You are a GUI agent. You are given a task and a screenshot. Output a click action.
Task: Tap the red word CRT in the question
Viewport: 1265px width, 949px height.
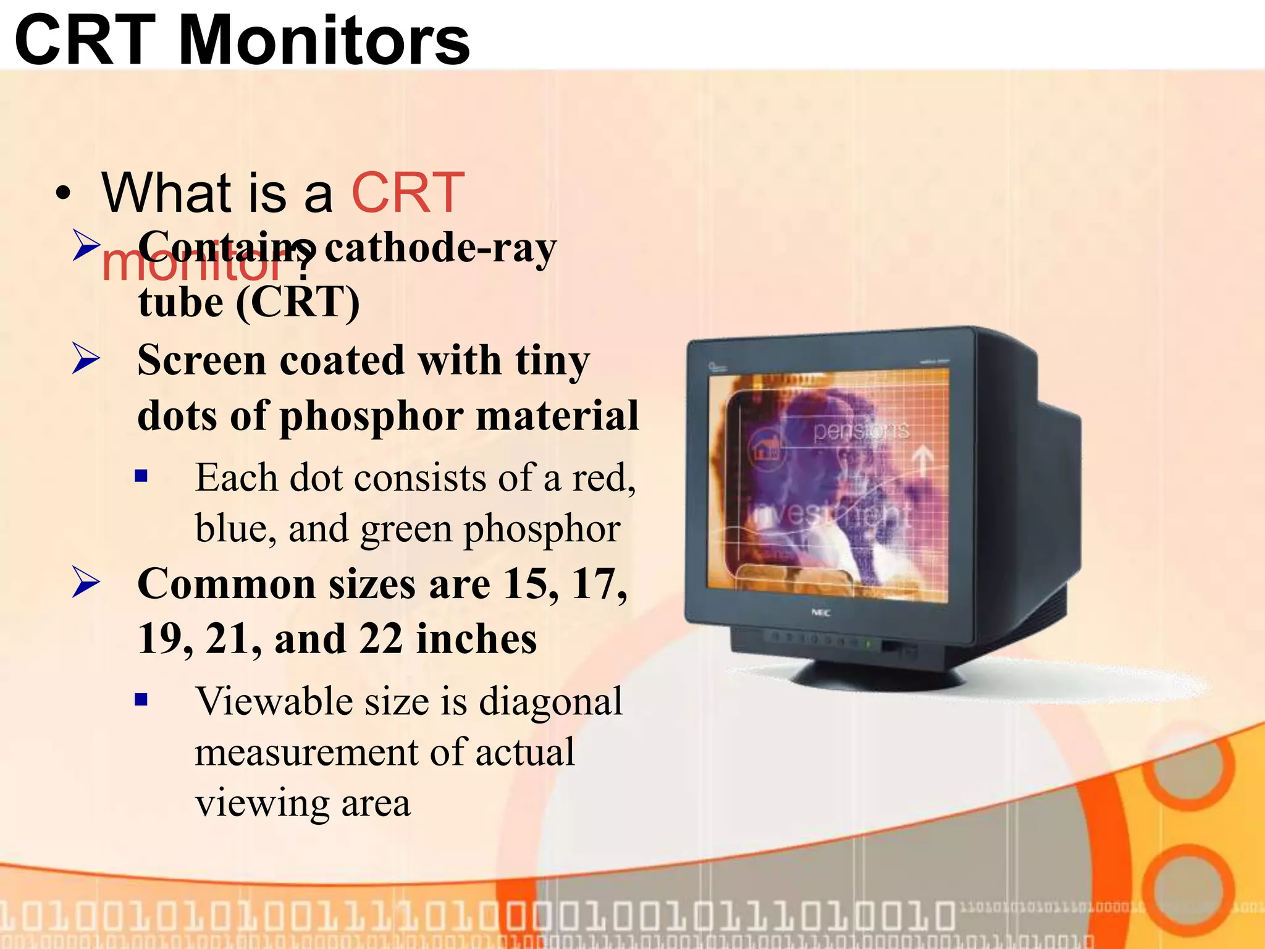408,193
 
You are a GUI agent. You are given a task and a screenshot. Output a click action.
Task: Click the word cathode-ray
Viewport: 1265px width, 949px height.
440,248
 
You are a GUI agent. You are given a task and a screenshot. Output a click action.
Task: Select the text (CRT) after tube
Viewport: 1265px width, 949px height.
298,303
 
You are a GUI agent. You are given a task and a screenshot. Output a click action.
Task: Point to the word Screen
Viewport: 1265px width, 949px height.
201,360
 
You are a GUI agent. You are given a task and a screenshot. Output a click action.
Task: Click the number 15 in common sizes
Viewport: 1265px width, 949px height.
524,584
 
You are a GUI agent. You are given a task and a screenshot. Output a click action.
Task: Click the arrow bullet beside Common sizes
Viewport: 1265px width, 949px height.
85,582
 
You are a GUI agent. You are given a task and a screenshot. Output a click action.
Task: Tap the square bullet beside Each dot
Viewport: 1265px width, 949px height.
141,476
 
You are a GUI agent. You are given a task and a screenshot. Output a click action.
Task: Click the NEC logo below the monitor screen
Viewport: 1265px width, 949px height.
820,613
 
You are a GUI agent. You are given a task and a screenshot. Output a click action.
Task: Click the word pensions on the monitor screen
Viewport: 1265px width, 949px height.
861,430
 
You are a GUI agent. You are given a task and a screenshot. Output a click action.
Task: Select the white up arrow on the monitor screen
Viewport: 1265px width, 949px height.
923,461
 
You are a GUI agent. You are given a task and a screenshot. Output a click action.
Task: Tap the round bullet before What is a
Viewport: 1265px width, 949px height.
62,194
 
